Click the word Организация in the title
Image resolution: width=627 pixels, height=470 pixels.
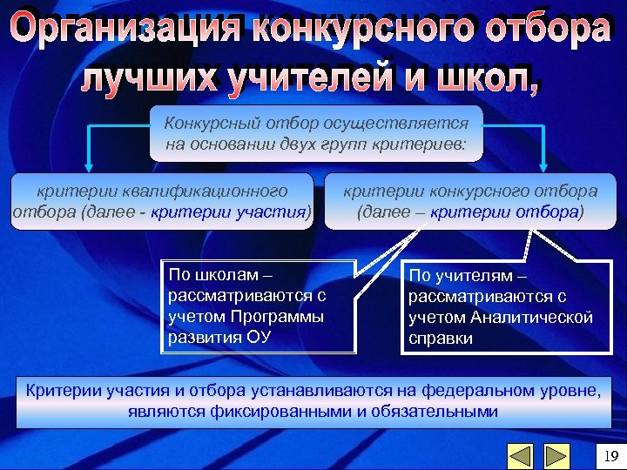click(127, 31)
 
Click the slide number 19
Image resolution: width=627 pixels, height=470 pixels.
click(610, 455)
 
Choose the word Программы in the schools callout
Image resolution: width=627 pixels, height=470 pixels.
click(277, 317)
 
